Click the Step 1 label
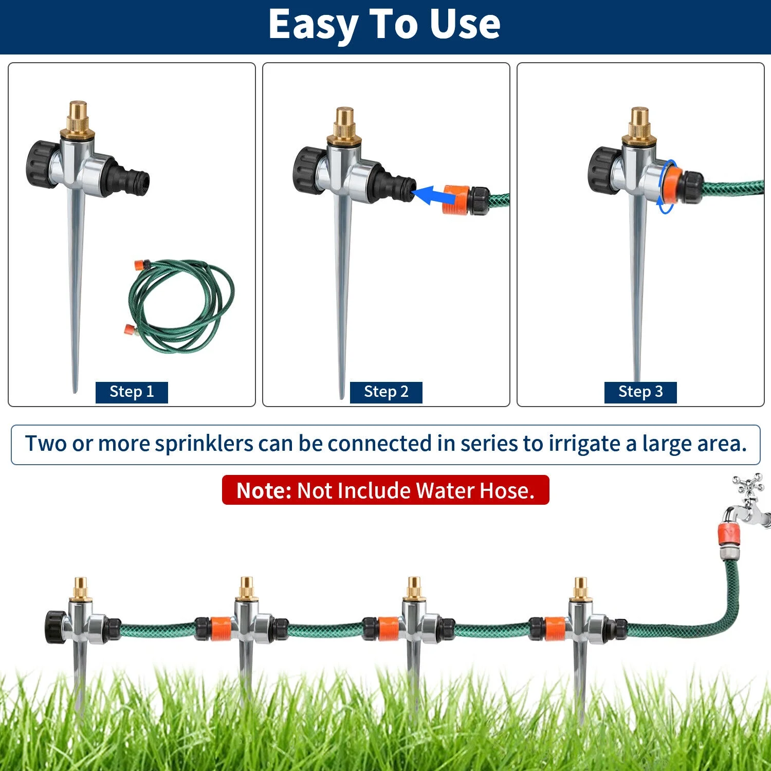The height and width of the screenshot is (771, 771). (x=132, y=392)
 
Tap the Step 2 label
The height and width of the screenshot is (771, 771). (x=386, y=392)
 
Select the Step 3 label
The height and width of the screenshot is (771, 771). (x=640, y=392)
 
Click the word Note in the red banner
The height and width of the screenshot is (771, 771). (x=263, y=490)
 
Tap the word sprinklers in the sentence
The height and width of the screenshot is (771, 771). (x=204, y=444)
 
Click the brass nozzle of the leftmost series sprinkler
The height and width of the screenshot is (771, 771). (x=81, y=589)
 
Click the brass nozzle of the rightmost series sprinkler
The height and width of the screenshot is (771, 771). (x=580, y=589)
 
